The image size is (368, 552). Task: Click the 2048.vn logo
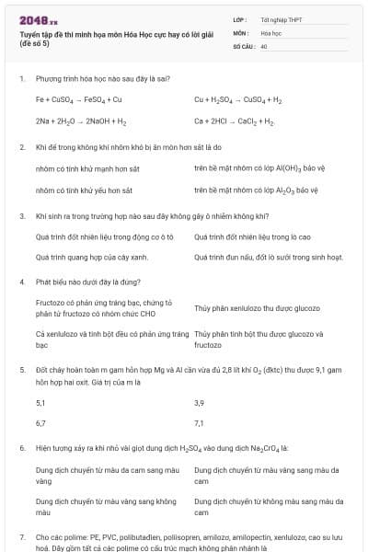pos(38,20)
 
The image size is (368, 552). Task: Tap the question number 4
pos(22,283)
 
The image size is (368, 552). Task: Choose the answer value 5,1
pos(40,403)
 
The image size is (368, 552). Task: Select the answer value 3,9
pos(200,403)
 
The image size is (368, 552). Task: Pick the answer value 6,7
pos(40,423)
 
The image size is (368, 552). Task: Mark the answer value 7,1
pos(200,423)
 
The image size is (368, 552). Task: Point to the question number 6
pos(22,448)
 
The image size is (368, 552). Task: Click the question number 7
pos(22,535)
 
